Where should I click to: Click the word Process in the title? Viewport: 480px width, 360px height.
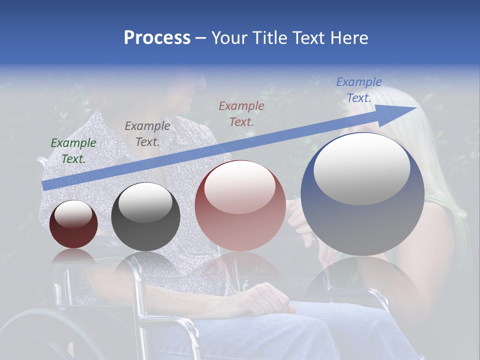pyautogui.click(x=157, y=38)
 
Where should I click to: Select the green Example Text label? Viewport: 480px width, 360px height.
pyautogui.click(x=73, y=150)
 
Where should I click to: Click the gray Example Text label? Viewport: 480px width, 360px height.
pyautogui.click(x=147, y=133)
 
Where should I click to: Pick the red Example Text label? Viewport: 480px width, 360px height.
pyautogui.click(x=241, y=113)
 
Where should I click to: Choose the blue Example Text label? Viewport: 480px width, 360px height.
pyautogui.click(x=359, y=90)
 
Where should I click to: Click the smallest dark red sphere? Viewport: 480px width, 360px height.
pyautogui.click(x=73, y=224)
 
